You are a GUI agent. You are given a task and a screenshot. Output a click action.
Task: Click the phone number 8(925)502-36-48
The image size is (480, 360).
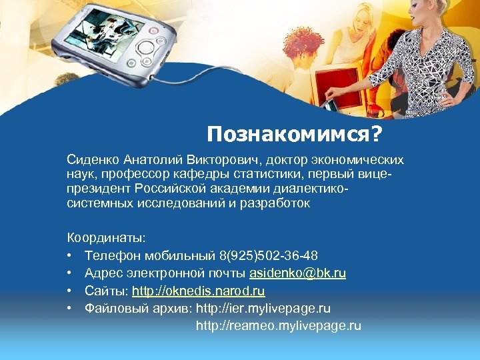pyautogui.click(x=268, y=255)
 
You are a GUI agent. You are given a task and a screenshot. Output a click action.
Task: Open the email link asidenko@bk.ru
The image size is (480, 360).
pyautogui.click(x=297, y=273)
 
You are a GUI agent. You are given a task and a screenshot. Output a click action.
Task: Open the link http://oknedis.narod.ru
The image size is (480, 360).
pyautogui.click(x=198, y=291)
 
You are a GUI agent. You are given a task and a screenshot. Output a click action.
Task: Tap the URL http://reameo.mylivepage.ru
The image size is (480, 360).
pyautogui.click(x=278, y=326)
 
